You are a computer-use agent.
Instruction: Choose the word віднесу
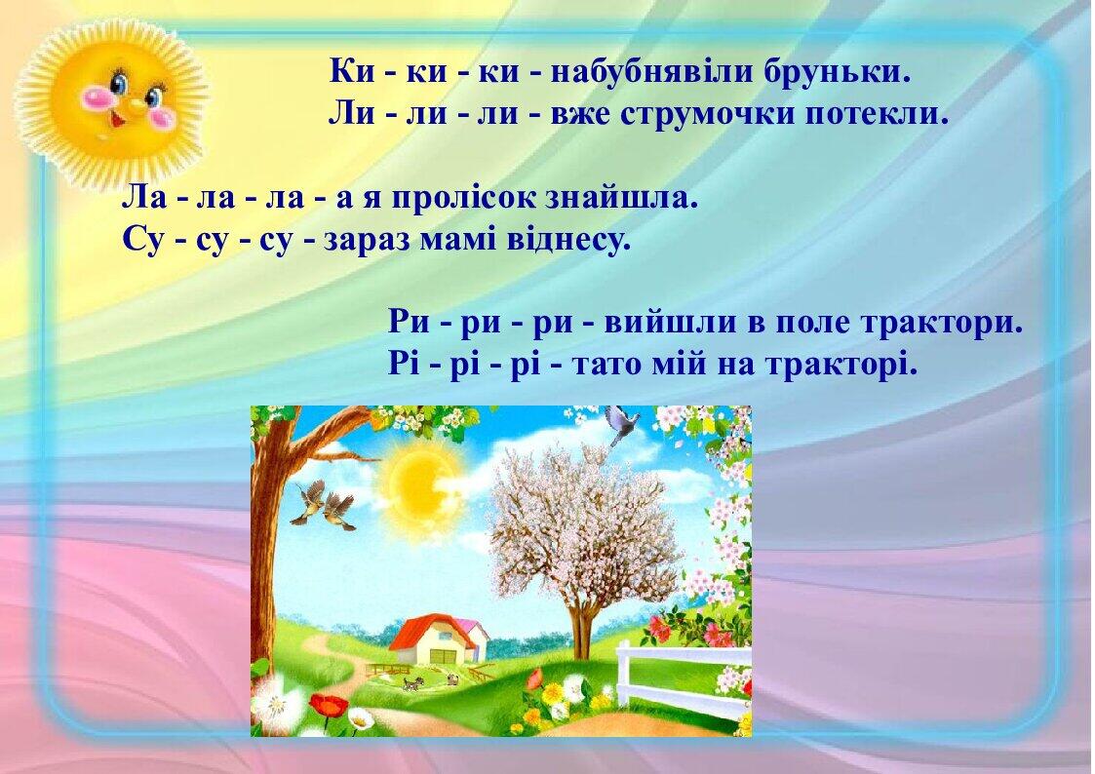pos(568,239)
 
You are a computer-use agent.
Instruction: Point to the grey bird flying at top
pos(621,424)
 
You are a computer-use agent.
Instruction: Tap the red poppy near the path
pos(329,704)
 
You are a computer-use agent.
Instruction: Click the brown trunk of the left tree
pos(267,546)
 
